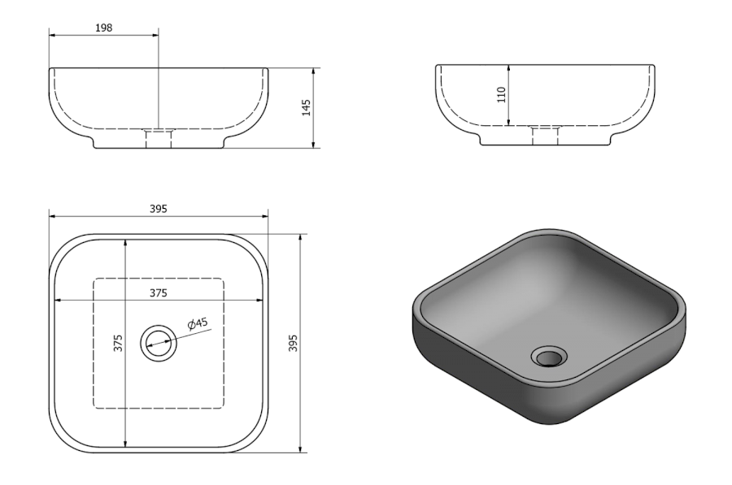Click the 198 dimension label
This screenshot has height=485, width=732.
tap(104, 28)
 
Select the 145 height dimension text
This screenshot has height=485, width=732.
tap(307, 108)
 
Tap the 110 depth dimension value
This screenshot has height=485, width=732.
tap(502, 95)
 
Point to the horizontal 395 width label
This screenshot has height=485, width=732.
tap(159, 209)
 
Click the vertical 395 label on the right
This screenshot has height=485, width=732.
tap(293, 343)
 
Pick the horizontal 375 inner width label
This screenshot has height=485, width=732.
tap(159, 292)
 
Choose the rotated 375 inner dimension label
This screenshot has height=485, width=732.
tap(118, 343)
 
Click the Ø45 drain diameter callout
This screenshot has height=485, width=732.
tap(198, 323)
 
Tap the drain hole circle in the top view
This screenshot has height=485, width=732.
tap(159, 343)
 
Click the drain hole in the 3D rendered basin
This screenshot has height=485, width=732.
tap(549, 357)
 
